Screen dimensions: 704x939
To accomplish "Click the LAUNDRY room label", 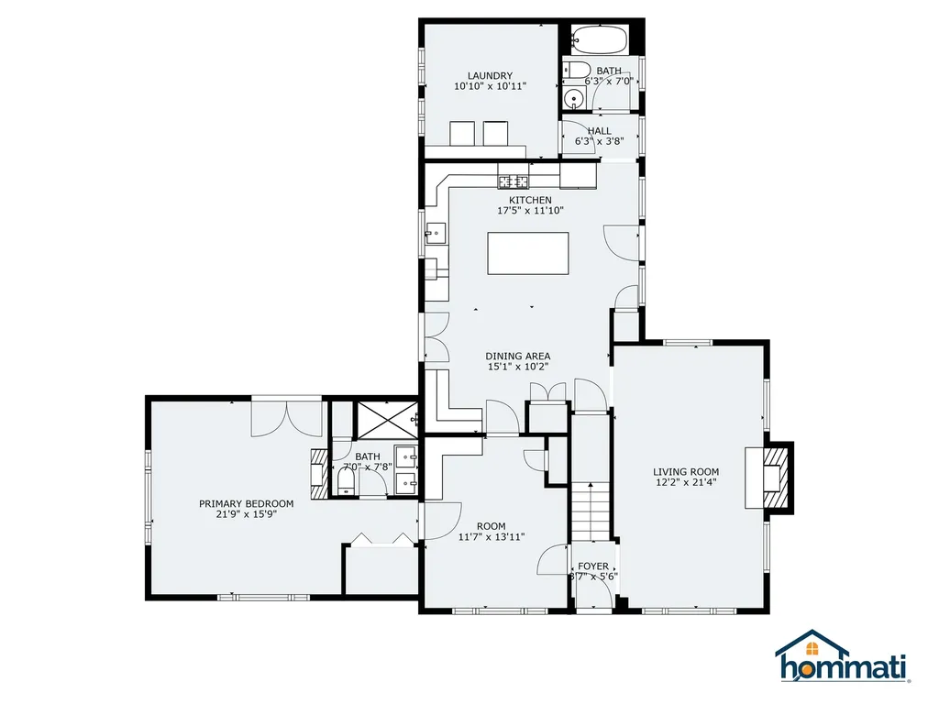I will [490, 76].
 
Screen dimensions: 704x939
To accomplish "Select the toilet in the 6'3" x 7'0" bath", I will [576, 71].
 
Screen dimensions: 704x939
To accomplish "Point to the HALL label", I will [599, 131].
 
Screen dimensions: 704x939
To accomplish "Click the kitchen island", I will [527, 253].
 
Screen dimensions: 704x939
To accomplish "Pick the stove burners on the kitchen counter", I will [514, 181].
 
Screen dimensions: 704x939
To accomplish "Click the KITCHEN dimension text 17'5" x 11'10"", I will [530, 211].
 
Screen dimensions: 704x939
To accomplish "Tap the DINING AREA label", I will [518, 356].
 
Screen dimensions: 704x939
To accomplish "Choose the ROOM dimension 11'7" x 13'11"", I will [491, 538].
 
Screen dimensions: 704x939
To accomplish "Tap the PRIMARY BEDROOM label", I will [247, 503].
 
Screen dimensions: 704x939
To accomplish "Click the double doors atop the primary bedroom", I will [287, 417].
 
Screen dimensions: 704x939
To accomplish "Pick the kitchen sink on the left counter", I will [435, 235].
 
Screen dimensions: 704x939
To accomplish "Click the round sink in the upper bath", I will [575, 100].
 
